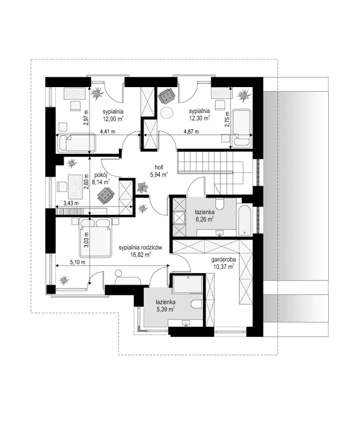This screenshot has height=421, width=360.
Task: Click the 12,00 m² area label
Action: pyautogui.click(x=112, y=120)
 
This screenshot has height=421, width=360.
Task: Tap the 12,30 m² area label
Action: pyautogui.click(x=198, y=119)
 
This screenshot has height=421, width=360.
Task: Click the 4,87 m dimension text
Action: pyautogui.click(x=192, y=132)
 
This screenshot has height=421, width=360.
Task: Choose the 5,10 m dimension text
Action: pyautogui.click(x=78, y=262)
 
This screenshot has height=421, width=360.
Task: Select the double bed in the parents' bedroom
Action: pyautogui.click(x=93, y=237)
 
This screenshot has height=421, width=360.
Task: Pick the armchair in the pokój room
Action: pyautogui.click(x=106, y=195)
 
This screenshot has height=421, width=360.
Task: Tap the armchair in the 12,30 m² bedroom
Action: pyautogui.click(x=166, y=95)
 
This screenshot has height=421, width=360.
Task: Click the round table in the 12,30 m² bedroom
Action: pyautogui.click(x=167, y=114)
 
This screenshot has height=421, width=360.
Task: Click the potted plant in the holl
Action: pyautogui.click(x=141, y=187)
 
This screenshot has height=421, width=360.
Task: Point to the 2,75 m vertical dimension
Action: pyautogui.click(x=227, y=120)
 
